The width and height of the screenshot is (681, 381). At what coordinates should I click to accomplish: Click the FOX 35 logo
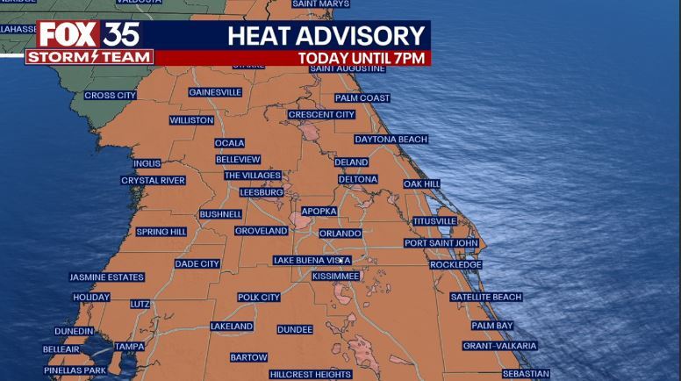[88, 35]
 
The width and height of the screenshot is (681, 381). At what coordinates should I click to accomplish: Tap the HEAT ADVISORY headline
[326, 36]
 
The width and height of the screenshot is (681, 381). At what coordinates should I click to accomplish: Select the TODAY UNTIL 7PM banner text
[361, 58]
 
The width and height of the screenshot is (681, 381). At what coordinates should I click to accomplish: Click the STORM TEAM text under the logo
[90, 57]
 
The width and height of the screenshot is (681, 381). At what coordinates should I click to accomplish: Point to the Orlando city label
[340, 234]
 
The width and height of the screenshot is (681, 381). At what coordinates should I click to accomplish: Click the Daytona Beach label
[391, 139]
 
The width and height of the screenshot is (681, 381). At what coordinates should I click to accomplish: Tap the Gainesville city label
[215, 92]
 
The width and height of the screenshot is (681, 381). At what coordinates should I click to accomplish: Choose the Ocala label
[230, 143]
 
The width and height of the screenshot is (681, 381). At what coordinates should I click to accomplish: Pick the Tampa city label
[129, 346]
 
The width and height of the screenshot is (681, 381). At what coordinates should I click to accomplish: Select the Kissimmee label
[335, 276]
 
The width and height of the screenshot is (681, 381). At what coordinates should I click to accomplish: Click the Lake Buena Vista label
[312, 260]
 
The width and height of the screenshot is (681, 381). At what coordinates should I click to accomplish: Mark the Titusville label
[434, 220]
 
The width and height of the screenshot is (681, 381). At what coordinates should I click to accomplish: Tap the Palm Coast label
[362, 98]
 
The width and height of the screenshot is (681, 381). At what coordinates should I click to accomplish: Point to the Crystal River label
[153, 181]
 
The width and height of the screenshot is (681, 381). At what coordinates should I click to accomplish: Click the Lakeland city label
[232, 327]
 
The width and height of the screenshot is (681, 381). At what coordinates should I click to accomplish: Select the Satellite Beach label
[485, 298]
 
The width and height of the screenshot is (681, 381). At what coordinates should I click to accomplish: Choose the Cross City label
[110, 95]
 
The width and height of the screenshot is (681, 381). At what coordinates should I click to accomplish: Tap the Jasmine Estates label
[106, 277]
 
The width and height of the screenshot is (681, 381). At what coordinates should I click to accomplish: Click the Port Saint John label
[441, 243]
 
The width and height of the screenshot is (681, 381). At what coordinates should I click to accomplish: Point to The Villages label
[253, 176]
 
